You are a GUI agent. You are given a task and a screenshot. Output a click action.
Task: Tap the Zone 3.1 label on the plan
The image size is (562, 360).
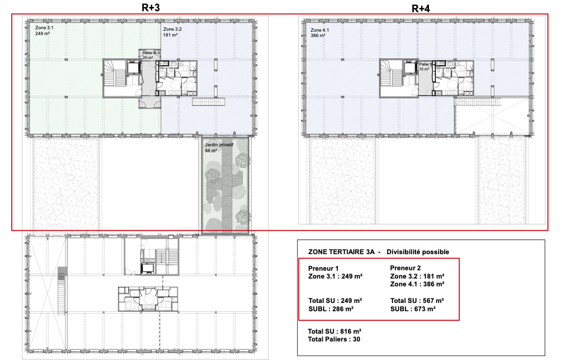tap(44, 28)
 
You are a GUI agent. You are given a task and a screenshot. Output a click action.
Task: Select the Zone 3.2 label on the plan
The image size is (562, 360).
tap(173, 28)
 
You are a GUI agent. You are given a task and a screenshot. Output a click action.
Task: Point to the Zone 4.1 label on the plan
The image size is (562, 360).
tap(320, 30)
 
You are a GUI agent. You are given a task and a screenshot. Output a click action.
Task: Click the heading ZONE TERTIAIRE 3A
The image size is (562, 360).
tap(341, 252)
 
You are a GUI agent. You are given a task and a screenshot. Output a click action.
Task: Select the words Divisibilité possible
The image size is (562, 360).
tap(418, 252)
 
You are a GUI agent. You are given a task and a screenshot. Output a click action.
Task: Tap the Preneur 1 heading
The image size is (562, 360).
tap(323, 268)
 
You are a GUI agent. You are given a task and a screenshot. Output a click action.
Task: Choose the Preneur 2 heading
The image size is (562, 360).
tap(406, 268)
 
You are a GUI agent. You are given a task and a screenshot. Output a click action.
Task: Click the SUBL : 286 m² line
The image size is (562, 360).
tap(331, 309)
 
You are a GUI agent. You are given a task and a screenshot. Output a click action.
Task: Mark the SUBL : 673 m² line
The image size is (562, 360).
tap(413, 309)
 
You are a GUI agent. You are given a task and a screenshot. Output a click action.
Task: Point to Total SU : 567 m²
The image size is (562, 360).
tap(417, 300)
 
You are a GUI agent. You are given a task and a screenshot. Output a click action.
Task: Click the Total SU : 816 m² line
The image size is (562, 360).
tap(334, 331)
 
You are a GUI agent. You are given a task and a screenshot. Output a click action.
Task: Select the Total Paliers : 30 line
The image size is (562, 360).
tap(334, 339)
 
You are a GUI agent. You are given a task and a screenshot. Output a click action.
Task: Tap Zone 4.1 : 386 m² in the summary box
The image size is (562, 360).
tap(417, 284)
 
